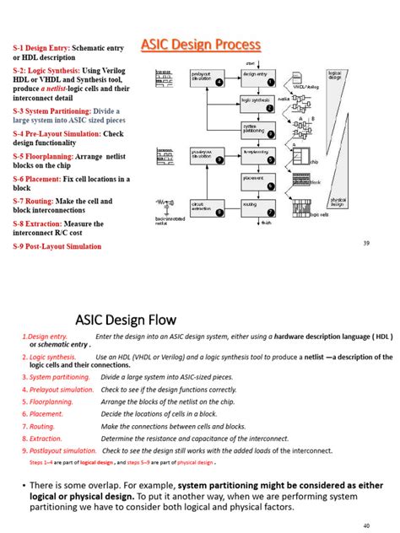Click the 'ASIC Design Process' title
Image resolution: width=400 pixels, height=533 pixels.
point(200,45)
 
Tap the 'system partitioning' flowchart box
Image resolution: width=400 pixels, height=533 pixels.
point(256,129)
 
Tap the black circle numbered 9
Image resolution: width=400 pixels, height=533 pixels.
point(219,159)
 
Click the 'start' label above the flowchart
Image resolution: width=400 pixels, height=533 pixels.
point(251,62)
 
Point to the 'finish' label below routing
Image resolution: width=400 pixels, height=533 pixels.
point(266,223)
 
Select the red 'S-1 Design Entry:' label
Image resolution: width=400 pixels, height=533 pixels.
point(41,48)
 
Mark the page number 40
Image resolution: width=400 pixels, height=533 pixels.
point(366,525)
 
